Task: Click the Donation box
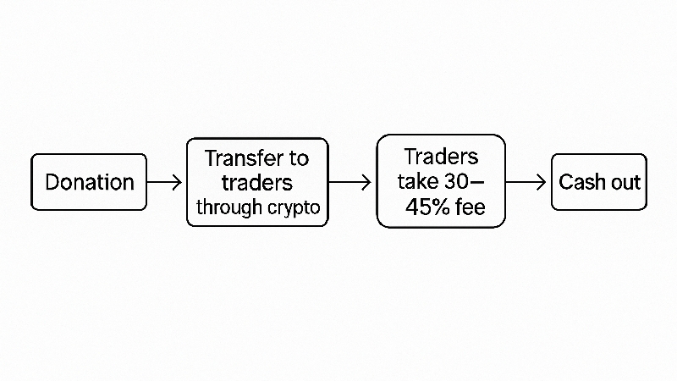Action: [89, 182]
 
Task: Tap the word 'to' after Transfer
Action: [299, 158]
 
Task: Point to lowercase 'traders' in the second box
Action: [257, 183]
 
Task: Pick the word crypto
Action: [294, 208]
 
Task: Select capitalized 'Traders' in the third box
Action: [441, 157]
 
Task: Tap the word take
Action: [417, 181]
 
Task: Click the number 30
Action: [456, 181]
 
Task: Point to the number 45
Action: [418, 207]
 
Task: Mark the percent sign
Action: [441, 207]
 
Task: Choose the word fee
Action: [471, 207]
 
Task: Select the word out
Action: [625, 183]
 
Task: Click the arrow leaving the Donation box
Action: [164, 182]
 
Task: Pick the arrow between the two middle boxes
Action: [350, 182]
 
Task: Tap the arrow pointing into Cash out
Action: [526, 182]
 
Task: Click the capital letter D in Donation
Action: [52, 182]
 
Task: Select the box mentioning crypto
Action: [257, 182]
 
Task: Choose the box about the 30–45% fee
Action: [441, 181]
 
